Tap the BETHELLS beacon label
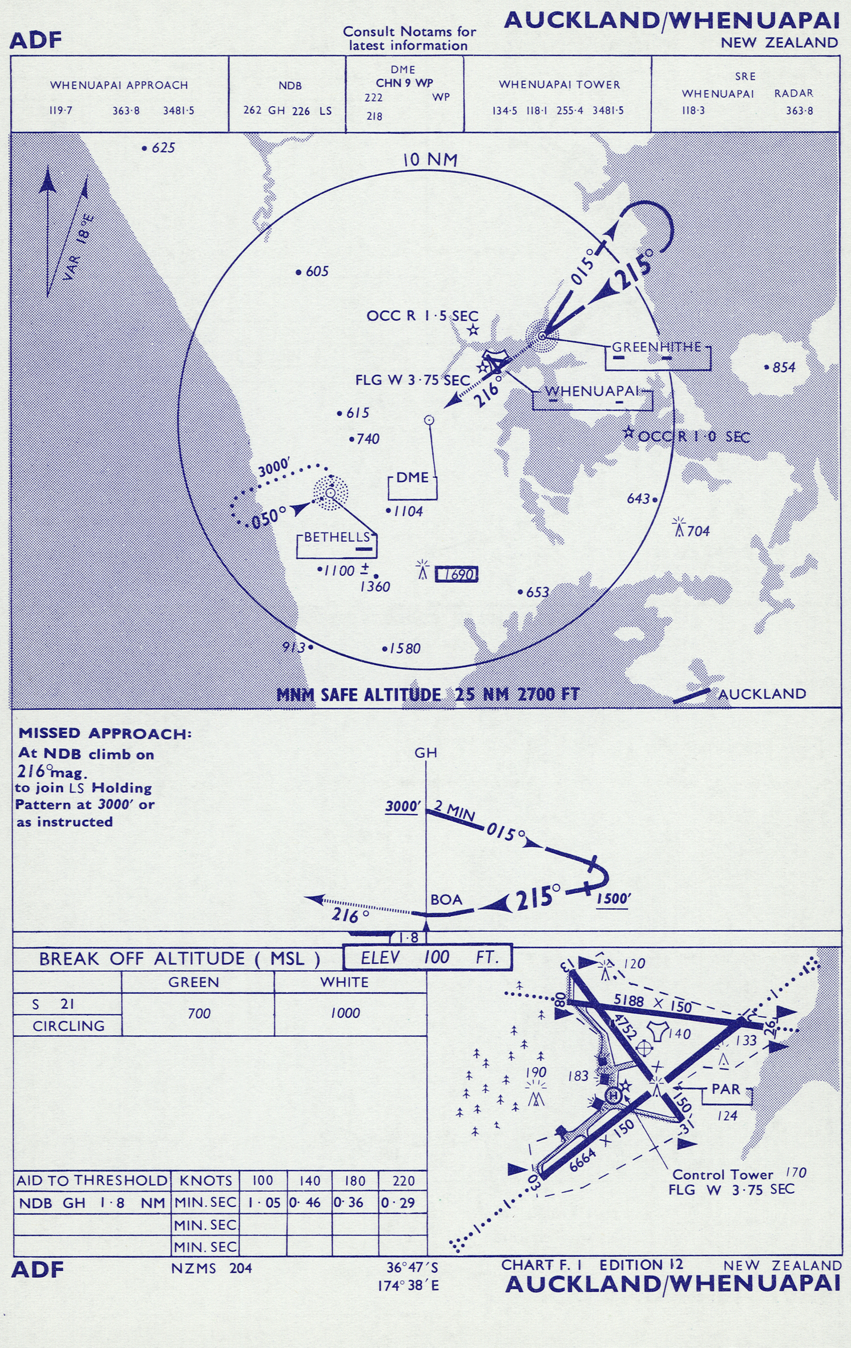tap(337, 537)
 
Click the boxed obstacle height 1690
tap(457, 574)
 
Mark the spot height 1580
tap(402, 648)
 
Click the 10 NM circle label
tap(430, 160)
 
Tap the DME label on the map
tap(412, 477)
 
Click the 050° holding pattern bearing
tap(269, 518)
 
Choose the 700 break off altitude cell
tap(199, 1014)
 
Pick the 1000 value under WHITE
tap(345, 1013)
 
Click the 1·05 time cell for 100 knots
tap(264, 1203)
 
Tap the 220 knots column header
tap(404, 1180)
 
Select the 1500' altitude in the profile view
tap(614, 898)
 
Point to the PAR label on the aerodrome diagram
tap(725, 1089)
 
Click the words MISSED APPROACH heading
tap(105, 733)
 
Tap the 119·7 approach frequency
tap(61, 111)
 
